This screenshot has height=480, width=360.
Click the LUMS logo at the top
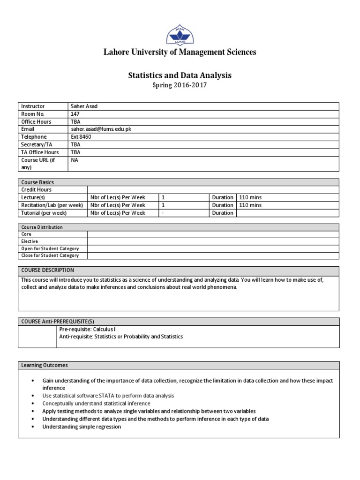[180, 34]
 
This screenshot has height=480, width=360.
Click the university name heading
[180, 52]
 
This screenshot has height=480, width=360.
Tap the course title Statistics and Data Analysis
[180, 75]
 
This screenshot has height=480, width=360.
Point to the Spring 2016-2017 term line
[180, 85]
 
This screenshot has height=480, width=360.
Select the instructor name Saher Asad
[84, 106]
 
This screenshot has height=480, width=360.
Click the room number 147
[75, 114]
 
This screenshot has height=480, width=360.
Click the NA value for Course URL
[74, 160]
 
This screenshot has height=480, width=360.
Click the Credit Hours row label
[37, 190]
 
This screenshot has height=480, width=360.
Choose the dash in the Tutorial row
[163, 213]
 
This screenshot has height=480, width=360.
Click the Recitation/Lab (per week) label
[52, 205]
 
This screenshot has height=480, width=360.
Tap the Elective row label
[30, 241]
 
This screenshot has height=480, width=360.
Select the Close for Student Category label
[50, 255]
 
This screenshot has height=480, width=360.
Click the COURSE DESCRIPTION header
[48, 270]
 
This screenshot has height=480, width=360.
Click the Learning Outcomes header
[44, 365]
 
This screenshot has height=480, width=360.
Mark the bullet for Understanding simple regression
[32, 427]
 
